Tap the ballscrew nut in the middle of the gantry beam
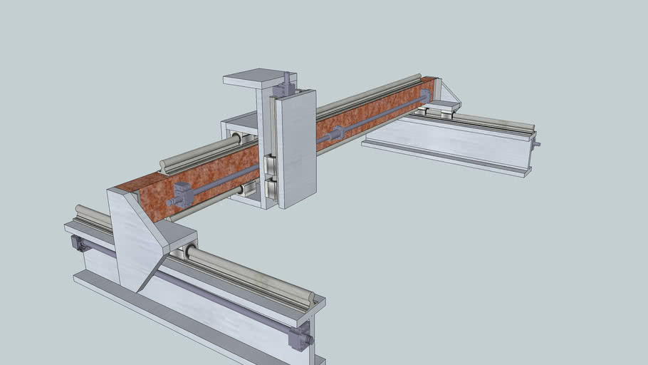335,133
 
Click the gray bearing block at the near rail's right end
301,336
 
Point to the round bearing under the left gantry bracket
192,252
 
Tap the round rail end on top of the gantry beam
164,165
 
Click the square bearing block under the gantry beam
249,189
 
